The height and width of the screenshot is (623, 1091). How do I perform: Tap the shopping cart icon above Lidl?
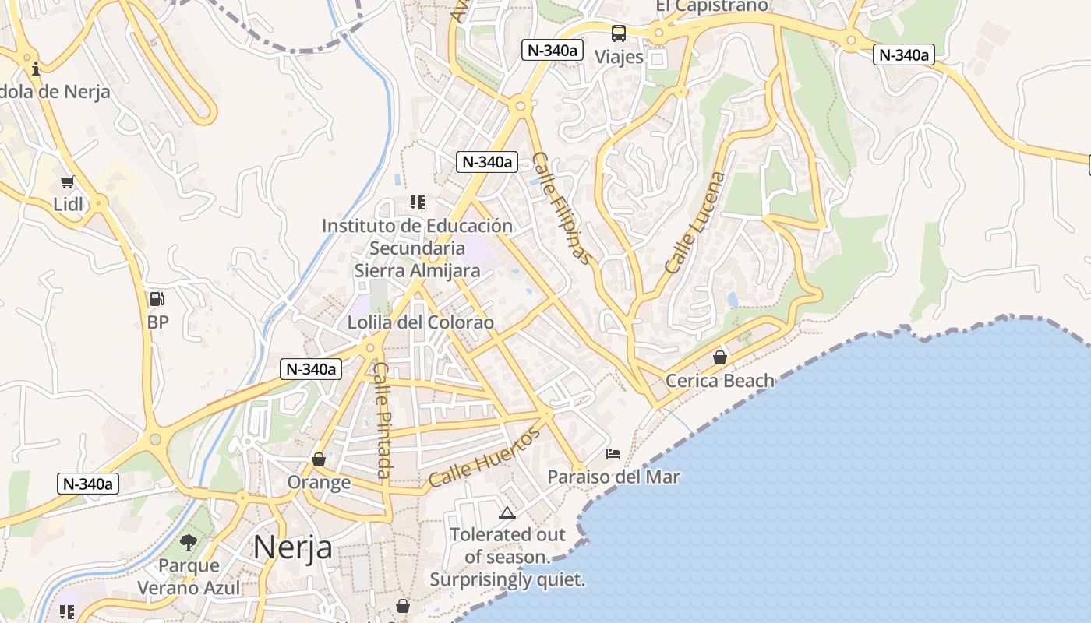67,182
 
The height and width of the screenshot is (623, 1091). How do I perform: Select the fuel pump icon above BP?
157,299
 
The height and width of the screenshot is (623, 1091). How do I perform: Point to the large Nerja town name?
292,547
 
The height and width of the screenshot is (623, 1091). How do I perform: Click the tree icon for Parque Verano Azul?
188,542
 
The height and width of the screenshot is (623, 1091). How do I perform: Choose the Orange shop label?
319,482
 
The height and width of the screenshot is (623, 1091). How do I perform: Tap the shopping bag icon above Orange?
318,459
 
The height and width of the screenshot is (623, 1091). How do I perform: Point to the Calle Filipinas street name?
562,207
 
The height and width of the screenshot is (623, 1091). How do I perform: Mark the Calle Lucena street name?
694,222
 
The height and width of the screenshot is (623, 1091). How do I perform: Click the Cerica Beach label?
720,381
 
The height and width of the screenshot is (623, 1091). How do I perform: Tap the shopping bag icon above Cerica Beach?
720,357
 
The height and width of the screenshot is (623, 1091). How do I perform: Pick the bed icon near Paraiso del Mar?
613,453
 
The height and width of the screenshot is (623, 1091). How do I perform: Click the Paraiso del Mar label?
613,477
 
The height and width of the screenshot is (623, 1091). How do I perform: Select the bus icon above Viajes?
619,33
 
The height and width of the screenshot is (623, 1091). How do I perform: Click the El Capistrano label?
711,6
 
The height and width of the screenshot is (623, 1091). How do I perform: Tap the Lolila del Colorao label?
421,322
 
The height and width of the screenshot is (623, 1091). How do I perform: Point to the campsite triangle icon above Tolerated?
507,512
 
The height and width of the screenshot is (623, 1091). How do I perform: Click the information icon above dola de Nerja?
36,69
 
